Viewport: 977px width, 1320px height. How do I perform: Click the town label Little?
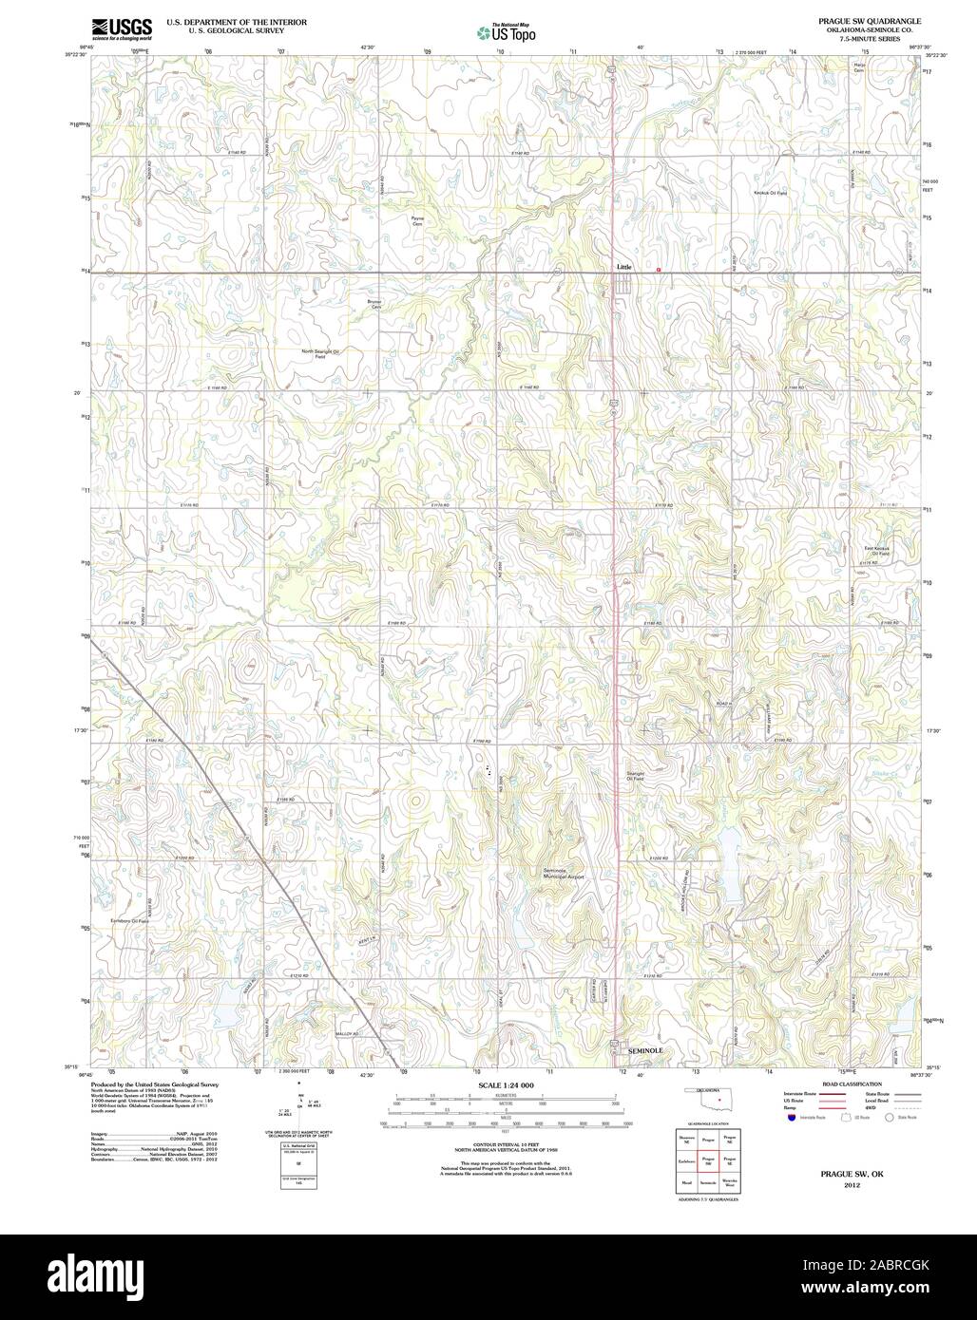pos(623,267)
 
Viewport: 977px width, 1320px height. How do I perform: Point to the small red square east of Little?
pos(659,270)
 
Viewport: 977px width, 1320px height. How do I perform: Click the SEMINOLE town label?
pos(646,1051)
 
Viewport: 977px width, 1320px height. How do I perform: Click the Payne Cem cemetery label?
pos(416,220)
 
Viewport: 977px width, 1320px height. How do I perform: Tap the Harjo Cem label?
pos(859,68)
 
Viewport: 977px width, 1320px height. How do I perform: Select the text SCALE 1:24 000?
pos(505,1084)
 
